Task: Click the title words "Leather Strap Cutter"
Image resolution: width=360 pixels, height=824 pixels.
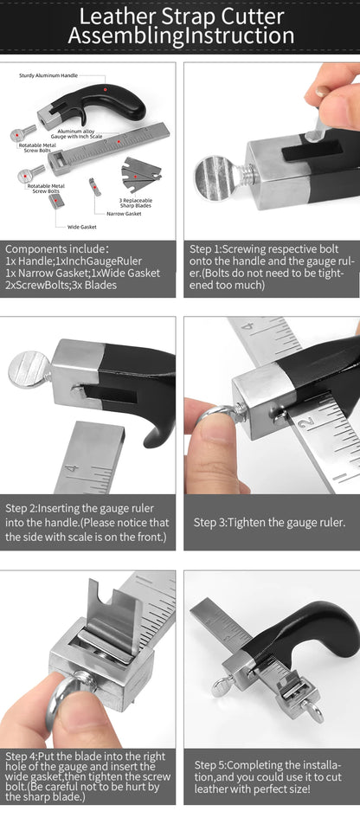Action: pyautogui.click(x=180, y=16)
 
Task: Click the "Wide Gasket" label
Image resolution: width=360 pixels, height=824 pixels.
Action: pyautogui.click(x=81, y=227)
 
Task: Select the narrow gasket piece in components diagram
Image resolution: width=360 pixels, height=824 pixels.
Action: pyautogui.click(x=93, y=185)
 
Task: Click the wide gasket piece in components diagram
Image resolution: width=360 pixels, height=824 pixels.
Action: pyautogui.click(x=56, y=200)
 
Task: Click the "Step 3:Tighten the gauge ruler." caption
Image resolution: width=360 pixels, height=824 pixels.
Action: pyautogui.click(x=269, y=522)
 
